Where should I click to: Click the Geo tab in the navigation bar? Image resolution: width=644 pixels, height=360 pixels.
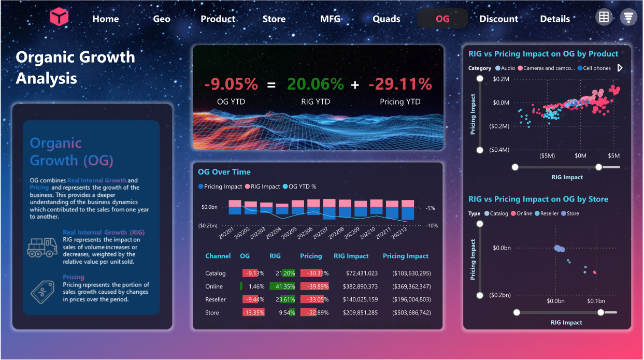[x=162, y=19]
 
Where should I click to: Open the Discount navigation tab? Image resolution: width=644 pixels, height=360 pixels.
[x=498, y=19]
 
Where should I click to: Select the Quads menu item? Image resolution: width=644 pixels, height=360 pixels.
[x=387, y=19]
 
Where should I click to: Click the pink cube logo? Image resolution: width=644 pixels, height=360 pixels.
[x=59, y=18]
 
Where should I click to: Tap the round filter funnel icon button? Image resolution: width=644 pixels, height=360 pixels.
[x=628, y=17]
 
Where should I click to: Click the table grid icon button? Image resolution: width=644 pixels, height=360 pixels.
[x=604, y=17]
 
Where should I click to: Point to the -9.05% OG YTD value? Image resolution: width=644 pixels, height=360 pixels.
[x=231, y=84]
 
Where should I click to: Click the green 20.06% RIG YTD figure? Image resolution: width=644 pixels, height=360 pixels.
[x=316, y=84]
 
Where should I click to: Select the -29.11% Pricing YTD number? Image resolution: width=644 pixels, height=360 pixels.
[x=400, y=84]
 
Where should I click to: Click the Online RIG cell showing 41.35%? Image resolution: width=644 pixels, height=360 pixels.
[x=282, y=286]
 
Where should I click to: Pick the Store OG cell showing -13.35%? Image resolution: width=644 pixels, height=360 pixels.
[x=253, y=313]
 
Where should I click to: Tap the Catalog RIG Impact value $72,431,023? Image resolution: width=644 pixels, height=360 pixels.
[x=356, y=273]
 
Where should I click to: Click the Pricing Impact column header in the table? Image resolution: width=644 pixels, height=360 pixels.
[x=406, y=256]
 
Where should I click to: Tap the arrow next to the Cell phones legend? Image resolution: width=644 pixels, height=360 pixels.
[x=620, y=68]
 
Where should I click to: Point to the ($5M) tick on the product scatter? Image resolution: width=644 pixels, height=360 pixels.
[x=547, y=155]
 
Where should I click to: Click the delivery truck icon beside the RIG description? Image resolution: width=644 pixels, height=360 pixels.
[x=42, y=248]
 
